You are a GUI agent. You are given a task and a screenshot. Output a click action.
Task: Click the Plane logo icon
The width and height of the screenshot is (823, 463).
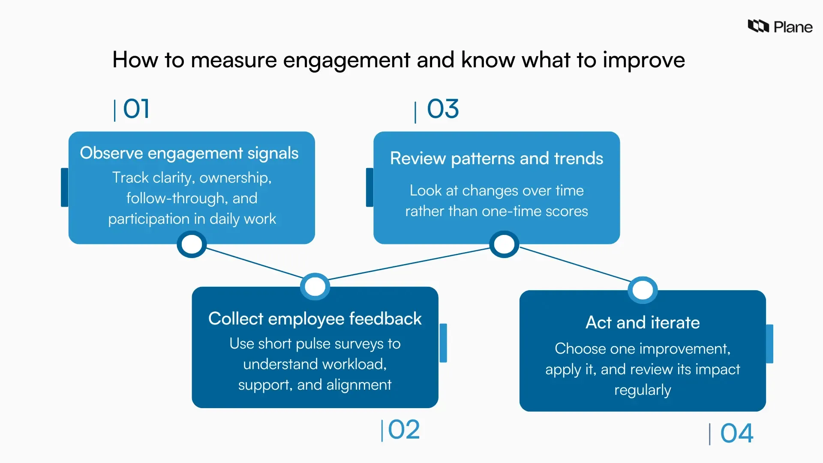758,26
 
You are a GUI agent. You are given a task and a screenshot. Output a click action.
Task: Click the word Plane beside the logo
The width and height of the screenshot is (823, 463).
793,27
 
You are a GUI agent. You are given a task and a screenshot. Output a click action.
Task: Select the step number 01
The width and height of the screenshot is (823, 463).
136,109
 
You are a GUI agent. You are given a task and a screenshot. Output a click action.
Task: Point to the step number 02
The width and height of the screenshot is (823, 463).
403,430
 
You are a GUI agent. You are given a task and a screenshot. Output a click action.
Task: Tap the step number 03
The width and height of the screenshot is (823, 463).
443,109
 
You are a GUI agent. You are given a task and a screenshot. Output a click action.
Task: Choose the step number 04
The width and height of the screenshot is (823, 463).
736,433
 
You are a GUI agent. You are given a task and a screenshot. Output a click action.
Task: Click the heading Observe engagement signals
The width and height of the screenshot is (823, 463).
189,153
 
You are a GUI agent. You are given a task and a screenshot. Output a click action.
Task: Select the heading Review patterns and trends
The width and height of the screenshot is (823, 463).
496,158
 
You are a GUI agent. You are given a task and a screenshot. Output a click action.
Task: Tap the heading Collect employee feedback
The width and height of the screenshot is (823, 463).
315,319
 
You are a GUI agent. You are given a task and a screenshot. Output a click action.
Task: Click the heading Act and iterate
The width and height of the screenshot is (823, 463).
643,322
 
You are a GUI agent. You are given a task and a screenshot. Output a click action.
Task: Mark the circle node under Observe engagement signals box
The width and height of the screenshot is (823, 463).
192,244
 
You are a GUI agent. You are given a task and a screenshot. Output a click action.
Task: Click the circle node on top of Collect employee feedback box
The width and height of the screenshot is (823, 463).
315,286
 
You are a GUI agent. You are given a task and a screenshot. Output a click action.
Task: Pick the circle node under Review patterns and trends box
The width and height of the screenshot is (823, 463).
504,244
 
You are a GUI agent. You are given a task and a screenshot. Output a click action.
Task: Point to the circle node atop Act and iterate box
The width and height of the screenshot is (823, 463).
643,290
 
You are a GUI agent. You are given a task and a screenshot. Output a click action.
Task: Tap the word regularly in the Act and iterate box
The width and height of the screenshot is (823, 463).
643,390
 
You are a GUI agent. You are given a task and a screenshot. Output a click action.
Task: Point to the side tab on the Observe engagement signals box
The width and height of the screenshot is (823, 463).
65,187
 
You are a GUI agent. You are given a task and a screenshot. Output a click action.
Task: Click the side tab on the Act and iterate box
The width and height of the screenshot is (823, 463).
769,344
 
